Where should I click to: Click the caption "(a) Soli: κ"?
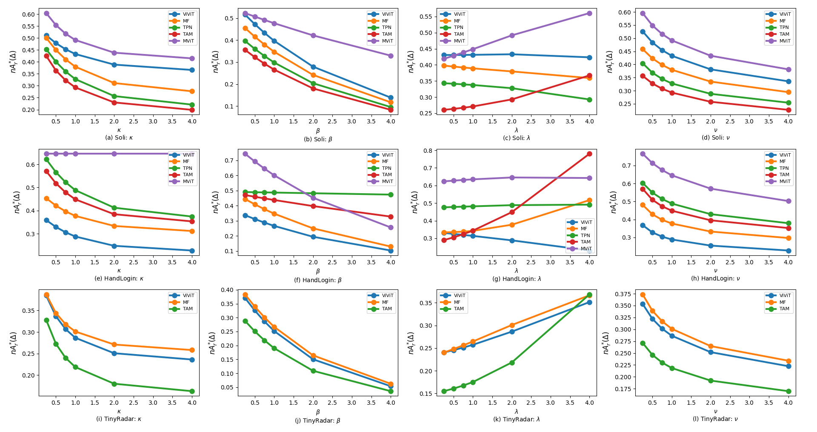click(119, 137)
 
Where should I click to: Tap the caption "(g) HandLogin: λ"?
click(516, 279)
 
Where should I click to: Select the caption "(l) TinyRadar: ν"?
click(715, 419)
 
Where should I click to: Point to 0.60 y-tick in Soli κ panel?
click(29, 14)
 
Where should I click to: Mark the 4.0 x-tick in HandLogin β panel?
click(390, 262)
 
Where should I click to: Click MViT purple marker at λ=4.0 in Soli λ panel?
click(589, 13)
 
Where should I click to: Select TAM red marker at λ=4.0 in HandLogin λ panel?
click(589, 154)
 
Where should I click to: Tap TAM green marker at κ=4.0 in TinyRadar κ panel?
click(192, 391)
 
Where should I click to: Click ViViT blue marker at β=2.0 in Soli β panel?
click(313, 67)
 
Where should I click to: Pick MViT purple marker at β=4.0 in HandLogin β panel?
click(390, 227)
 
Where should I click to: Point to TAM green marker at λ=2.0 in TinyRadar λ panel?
click(512, 363)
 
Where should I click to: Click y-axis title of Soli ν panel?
click(610, 62)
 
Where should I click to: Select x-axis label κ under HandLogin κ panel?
click(119, 271)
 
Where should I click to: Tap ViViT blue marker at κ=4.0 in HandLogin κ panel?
click(192, 251)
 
